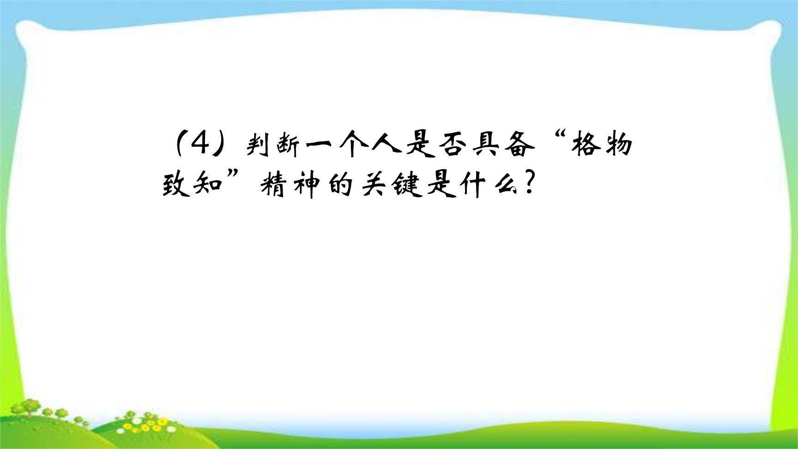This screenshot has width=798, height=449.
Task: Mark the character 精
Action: (x=273, y=186)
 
